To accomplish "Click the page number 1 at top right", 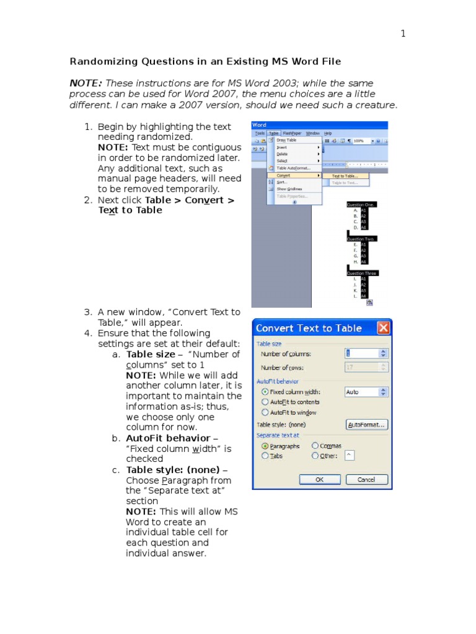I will tap(403, 33).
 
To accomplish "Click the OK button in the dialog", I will tap(319, 479).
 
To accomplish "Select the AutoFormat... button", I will tap(366, 425).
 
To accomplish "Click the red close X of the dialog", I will tap(384, 328).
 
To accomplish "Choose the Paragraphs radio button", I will tap(265, 446).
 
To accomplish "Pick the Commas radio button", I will tap(315, 446).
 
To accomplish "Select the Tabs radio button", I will tap(265, 456).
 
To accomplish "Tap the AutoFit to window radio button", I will tap(266, 412).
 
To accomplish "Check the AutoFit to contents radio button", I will tap(266, 402).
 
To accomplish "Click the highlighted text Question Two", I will tap(361, 238).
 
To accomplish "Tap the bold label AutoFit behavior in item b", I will tap(159, 438).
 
